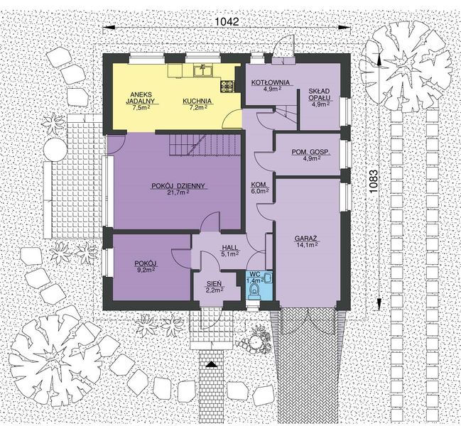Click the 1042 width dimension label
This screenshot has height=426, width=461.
click(225, 22)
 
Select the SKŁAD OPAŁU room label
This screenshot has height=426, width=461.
click(321, 97)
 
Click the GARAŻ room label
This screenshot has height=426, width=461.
click(308, 239)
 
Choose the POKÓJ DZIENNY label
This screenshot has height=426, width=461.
click(178, 186)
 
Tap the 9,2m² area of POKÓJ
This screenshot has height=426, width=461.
click(146, 271)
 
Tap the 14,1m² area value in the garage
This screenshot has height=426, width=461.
click(308, 246)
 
